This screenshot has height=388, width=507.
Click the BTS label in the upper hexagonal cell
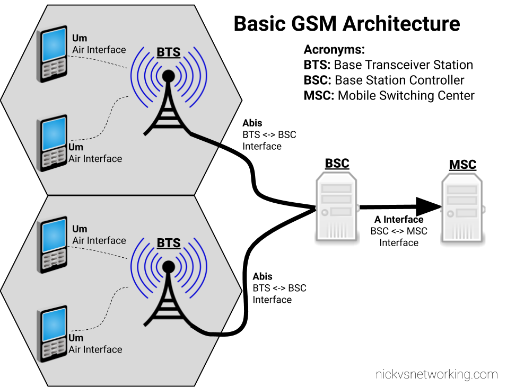[168, 52]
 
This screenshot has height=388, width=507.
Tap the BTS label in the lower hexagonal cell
[168, 243]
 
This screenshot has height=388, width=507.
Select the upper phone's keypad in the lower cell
[54, 259]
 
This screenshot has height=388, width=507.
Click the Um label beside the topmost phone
[80, 38]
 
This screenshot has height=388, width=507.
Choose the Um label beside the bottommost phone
[76, 338]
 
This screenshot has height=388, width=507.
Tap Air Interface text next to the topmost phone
[99, 50]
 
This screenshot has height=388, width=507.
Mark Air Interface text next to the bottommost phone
[95, 349]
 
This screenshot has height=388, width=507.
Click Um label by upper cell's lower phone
[76, 147]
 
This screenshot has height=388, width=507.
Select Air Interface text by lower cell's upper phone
[99, 240]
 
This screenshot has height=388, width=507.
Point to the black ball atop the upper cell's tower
[168, 76]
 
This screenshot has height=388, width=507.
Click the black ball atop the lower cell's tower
[168, 267]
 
